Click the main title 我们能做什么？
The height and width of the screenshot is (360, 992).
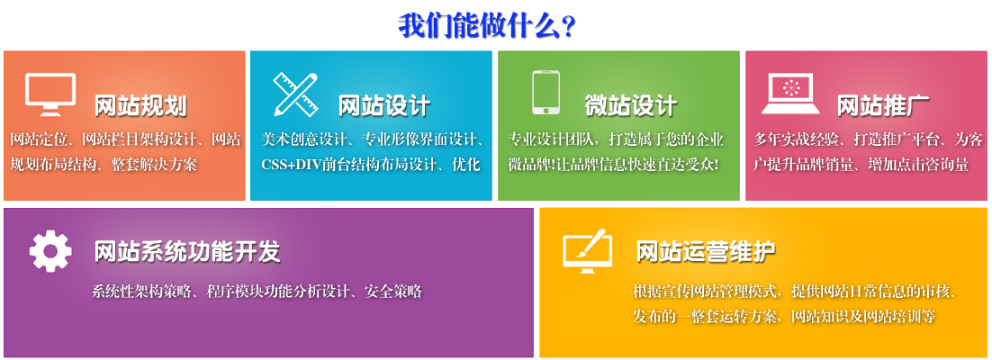(x=487, y=24)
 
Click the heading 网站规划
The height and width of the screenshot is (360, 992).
(x=140, y=105)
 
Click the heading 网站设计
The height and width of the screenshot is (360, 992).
(x=384, y=105)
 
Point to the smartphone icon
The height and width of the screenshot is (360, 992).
(x=546, y=93)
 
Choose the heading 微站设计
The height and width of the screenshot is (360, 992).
(x=630, y=105)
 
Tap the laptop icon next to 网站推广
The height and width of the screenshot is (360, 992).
(x=790, y=93)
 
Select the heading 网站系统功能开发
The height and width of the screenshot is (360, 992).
(x=187, y=251)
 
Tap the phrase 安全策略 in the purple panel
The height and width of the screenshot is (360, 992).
(x=393, y=292)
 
